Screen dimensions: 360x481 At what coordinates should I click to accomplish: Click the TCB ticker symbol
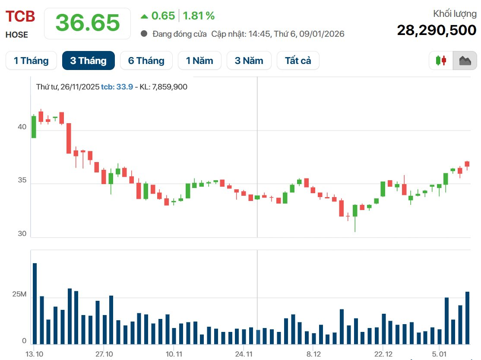coord(20,16)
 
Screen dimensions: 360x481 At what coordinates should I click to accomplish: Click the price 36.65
coord(88,23)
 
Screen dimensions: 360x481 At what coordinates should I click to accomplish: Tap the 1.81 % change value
coord(199,16)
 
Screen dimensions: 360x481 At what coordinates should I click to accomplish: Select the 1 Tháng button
coord(31,61)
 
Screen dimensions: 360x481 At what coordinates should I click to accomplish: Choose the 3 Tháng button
coord(88,61)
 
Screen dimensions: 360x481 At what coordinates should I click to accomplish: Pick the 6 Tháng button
coord(146,61)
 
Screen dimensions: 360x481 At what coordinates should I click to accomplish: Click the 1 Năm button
coord(199,61)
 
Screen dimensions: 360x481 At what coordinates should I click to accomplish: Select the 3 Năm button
coord(248,61)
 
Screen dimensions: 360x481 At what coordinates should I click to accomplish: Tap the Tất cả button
coord(298,61)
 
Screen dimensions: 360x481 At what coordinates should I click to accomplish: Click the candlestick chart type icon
coord(441,61)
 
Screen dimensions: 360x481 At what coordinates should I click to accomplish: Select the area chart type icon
coord(465,61)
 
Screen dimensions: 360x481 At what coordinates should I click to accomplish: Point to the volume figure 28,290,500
coord(437,30)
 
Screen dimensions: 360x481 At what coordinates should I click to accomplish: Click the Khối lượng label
coord(455,14)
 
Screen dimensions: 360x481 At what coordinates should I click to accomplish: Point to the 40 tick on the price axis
coord(22,127)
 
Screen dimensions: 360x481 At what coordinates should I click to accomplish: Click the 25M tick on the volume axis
coord(19,295)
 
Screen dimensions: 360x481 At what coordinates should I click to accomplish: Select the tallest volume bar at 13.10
coord(35,303)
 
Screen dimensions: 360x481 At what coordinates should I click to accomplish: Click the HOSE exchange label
coord(17,35)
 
